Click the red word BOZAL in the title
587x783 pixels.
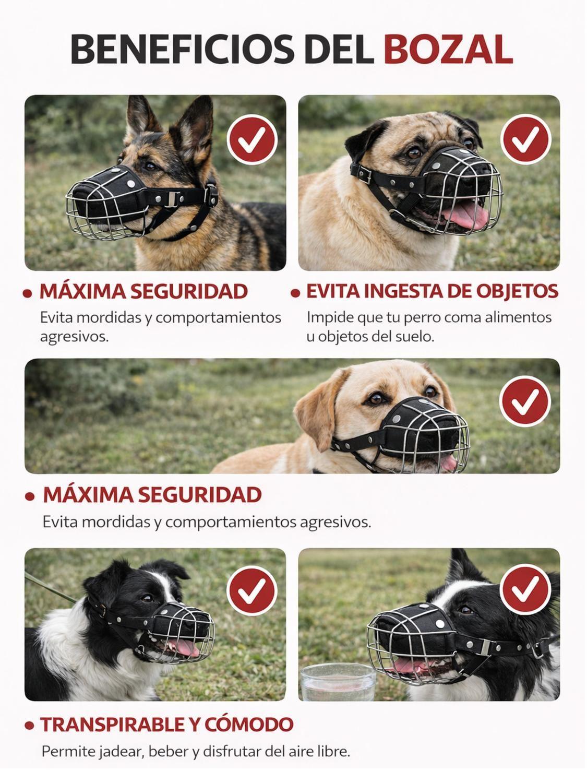[x=448, y=50]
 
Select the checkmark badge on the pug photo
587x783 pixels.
[x=525, y=138]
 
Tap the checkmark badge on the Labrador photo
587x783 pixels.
[x=525, y=400]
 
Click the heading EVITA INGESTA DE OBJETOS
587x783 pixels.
[x=432, y=291]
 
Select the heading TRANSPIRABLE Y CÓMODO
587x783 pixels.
[x=167, y=724]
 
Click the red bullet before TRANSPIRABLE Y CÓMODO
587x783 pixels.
[x=30, y=725]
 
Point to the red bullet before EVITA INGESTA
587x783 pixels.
[x=296, y=293]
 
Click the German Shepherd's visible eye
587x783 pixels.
[x=151, y=166]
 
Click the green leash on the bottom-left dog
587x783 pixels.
[x=50, y=588]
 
